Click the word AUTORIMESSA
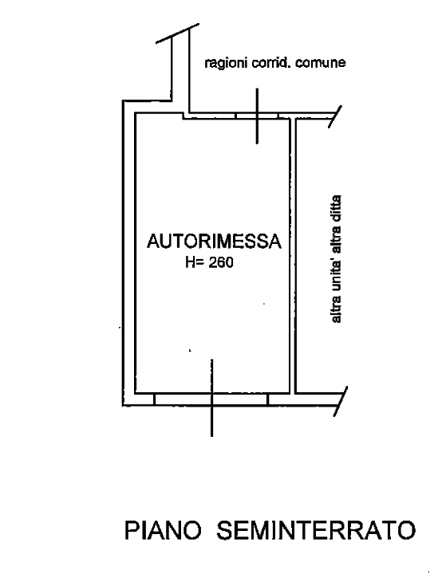214,242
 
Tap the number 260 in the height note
221,262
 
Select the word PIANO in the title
163,530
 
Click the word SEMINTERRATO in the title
316,530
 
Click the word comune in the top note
321,63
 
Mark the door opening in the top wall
257,116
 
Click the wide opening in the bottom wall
211,399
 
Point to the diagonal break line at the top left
177,33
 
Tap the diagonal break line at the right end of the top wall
334,116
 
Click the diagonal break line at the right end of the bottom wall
340,401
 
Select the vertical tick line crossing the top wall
257,116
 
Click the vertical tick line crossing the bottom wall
211,398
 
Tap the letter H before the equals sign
190,262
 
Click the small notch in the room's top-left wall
183,116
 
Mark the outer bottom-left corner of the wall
123,405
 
